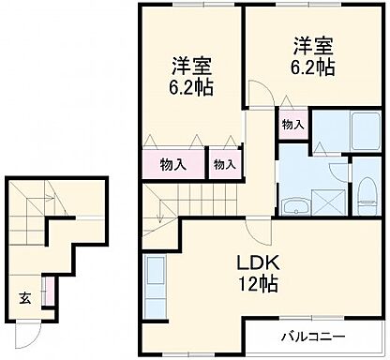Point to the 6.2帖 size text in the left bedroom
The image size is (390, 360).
pyautogui.click(x=190, y=89)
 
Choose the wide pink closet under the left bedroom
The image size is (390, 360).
pyautogui.click(x=173, y=164)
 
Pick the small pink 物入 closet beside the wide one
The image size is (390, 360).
pyautogui.click(x=223, y=164)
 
